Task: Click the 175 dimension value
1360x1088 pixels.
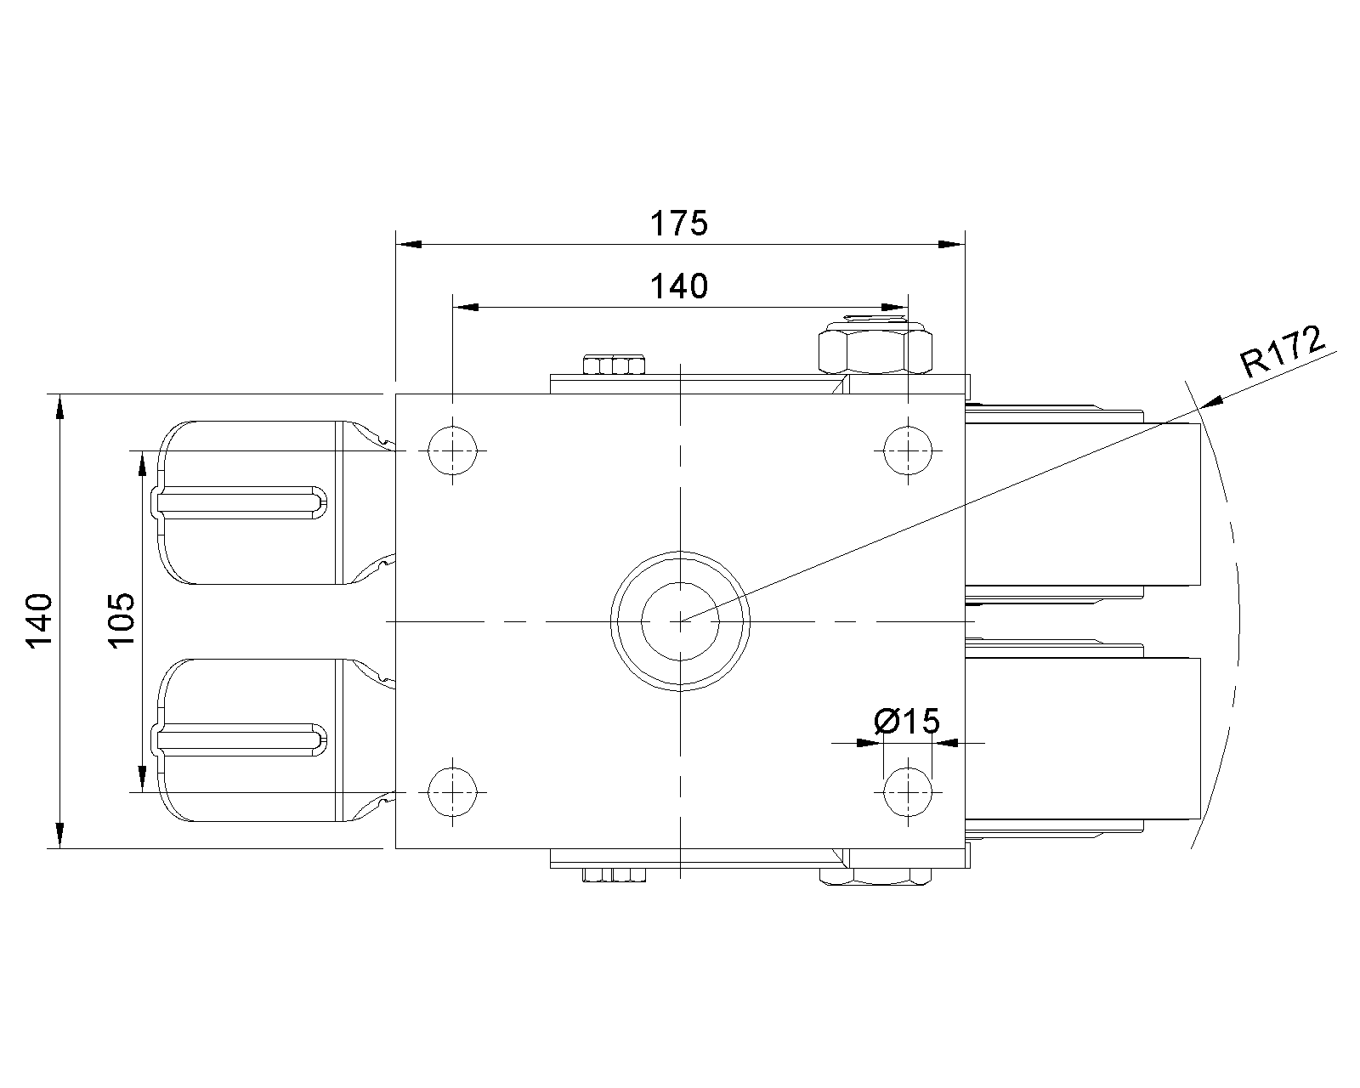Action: click(x=679, y=224)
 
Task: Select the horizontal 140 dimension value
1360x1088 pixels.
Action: click(x=679, y=286)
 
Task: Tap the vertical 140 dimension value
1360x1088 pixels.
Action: click(x=39, y=620)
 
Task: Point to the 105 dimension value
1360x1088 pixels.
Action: click(x=122, y=620)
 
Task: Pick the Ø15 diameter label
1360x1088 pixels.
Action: click(x=907, y=722)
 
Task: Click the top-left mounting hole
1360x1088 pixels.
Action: click(x=452, y=450)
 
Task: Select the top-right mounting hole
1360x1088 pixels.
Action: click(x=908, y=450)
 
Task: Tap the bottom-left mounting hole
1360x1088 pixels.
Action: click(x=452, y=791)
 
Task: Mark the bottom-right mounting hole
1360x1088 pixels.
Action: click(x=908, y=791)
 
